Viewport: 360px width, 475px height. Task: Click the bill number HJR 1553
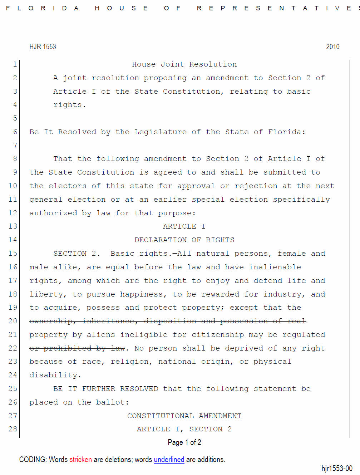point(43,47)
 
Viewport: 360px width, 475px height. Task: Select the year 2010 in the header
point(332,47)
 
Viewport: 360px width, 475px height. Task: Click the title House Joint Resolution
point(184,64)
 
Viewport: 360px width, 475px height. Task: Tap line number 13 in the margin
point(13,226)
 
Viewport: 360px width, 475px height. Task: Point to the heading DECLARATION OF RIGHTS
point(184,240)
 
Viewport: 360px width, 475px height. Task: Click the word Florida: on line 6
point(287,132)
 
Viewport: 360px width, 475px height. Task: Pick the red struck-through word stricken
point(80,460)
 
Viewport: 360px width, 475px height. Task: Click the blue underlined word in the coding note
point(169,460)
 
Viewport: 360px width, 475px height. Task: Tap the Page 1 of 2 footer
point(184,442)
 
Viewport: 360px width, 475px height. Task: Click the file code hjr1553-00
point(336,469)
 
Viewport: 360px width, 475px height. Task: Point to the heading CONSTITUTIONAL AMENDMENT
point(184,416)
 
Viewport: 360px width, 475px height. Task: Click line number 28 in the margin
point(13,429)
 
